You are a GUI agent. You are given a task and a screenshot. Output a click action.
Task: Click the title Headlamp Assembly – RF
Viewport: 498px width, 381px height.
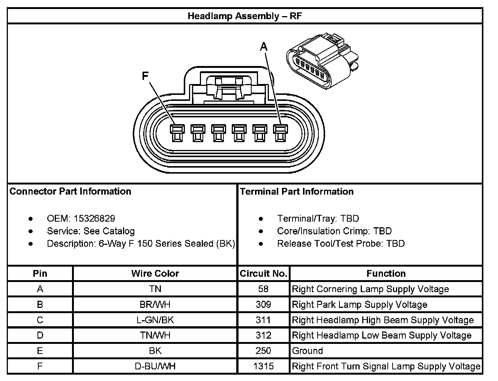(x=244, y=16)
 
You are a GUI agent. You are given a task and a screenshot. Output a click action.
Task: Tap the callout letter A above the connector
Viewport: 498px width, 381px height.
(x=264, y=46)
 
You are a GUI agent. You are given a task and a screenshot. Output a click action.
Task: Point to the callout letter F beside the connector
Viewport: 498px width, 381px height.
(x=145, y=76)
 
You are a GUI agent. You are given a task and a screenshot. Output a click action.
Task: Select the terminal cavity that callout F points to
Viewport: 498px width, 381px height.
(x=177, y=133)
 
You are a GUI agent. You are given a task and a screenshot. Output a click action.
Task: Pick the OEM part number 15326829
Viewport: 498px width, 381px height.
(x=94, y=218)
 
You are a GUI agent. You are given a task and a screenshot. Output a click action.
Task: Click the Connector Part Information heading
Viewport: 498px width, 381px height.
(x=70, y=191)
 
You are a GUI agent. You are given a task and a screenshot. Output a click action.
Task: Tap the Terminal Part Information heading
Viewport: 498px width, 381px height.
(x=297, y=191)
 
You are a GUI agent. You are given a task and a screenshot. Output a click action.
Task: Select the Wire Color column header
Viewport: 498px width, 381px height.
(x=155, y=273)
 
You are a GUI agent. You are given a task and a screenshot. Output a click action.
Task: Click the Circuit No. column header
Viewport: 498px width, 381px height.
(x=263, y=273)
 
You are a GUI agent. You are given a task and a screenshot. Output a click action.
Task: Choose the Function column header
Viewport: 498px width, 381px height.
(x=386, y=273)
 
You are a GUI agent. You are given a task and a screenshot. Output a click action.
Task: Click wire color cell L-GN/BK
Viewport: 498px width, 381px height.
(x=155, y=320)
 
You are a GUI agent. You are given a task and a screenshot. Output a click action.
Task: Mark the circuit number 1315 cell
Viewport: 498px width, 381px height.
(x=263, y=366)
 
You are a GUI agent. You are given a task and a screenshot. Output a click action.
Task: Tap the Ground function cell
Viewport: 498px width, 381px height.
(x=307, y=351)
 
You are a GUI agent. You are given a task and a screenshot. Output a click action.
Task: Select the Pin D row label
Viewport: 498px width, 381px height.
(x=40, y=335)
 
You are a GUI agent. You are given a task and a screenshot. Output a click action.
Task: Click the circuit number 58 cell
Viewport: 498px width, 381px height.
(x=263, y=289)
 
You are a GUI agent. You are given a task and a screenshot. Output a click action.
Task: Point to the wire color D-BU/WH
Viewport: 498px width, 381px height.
(x=155, y=366)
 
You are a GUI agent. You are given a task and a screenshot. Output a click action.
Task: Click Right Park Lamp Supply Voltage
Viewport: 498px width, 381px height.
(x=359, y=304)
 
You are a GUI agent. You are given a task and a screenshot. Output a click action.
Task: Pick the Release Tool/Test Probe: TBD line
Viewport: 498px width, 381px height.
(x=340, y=243)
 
